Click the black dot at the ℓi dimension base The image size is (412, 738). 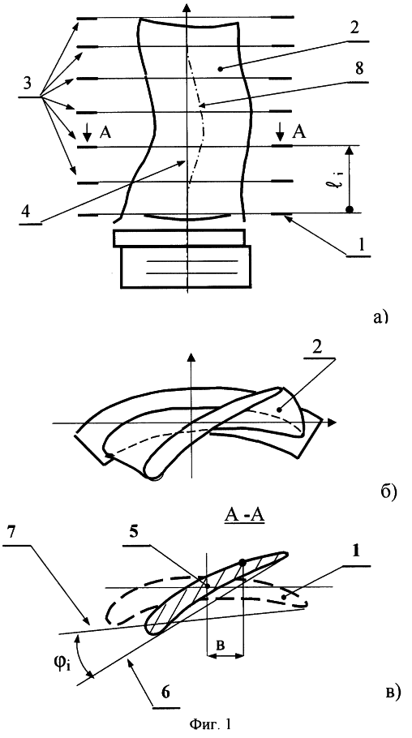[x=349, y=209]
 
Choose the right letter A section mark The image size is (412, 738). [x=298, y=133]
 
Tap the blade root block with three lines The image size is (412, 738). [x=186, y=266]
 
